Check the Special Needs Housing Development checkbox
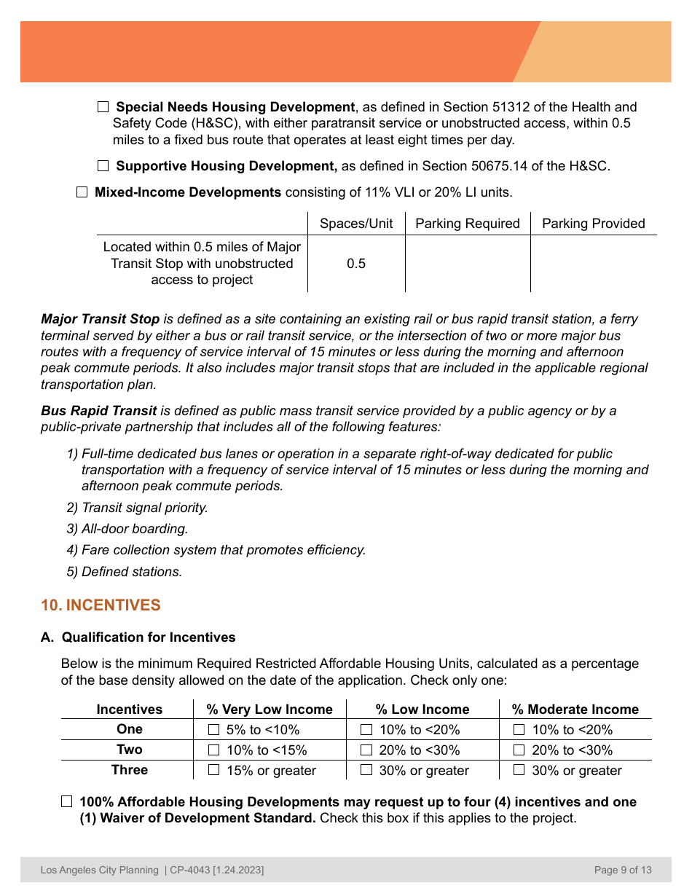tap(103, 107)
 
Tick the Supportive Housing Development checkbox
tap(103, 166)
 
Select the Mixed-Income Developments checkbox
tap(82, 193)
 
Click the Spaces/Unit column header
tap(356, 224)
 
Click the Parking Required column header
tap(467, 224)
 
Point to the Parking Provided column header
tap(593, 224)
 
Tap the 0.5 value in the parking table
tap(356, 264)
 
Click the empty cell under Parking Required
tap(467, 264)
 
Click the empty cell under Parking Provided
tap(593, 264)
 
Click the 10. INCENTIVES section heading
tap(101, 605)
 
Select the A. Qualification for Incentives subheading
tap(138, 637)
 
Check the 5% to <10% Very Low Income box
tap(214, 730)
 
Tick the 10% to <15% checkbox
tap(214, 750)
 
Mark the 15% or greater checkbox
tap(214, 770)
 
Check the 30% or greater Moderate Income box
tap(519, 770)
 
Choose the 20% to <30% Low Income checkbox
tap(367, 750)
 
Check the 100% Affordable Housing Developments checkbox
tap(67, 802)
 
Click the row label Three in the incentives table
tap(130, 770)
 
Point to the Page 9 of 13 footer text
tap(623, 870)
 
